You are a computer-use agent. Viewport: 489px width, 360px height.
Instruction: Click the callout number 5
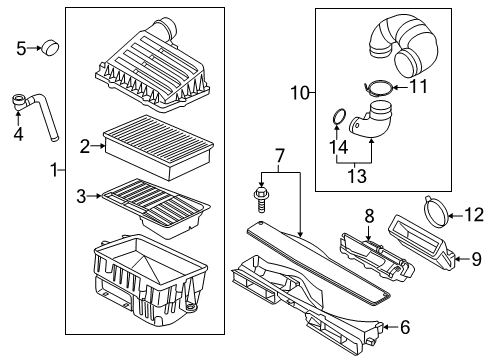(21, 49)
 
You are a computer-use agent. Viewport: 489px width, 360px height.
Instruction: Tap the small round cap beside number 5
(50, 47)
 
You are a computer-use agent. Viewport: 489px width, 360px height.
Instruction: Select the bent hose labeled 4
(35, 114)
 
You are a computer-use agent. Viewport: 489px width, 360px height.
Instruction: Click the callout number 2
(85, 146)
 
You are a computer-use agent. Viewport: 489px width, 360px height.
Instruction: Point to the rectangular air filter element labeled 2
(158, 147)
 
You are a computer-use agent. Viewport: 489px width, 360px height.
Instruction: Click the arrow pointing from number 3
(94, 196)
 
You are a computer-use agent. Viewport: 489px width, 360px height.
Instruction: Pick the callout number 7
(280, 156)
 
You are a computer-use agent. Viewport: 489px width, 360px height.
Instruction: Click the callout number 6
(405, 327)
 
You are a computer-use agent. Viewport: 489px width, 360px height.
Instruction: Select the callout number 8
(369, 216)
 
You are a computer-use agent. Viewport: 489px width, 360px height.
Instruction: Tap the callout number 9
(476, 259)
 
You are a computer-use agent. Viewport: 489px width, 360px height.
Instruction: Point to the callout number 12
(474, 214)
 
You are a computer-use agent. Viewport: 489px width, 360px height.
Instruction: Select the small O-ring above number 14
(339, 116)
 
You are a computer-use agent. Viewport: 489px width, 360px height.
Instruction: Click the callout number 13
(357, 176)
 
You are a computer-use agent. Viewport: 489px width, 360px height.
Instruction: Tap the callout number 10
(300, 92)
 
